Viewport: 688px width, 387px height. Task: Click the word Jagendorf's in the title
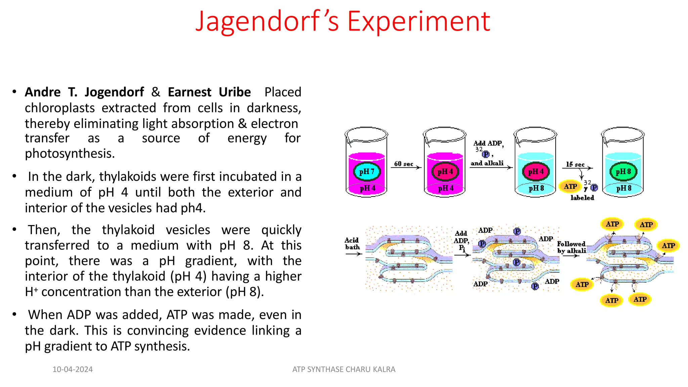click(267, 21)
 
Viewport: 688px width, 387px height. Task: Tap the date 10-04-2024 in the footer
click(73, 369)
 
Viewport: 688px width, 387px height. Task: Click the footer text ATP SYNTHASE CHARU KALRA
click(344, 369)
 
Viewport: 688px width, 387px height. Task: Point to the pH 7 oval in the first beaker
click(367, 172)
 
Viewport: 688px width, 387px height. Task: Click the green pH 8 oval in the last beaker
click(623, 172)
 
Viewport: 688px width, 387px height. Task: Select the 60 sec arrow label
click(403, 164)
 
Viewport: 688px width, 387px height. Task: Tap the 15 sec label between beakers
click(575, 164)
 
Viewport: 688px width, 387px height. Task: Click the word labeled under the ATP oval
click(582, 198)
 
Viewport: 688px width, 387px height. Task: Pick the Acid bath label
click(352, 244)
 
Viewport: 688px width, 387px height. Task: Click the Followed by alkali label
click(571, 247)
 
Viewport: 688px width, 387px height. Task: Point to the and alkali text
click(487, 163)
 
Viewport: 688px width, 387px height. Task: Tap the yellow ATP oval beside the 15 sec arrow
click(570, 186)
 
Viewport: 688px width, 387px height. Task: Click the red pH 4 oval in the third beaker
click(536, 172)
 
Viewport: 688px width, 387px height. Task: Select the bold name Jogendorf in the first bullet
click(114, 92)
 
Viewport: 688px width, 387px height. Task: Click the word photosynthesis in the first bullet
click(70, 154)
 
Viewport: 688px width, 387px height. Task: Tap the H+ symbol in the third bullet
click(31, 291)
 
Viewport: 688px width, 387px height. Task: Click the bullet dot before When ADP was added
click(14, 314)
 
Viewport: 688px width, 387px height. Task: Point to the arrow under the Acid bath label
click(353, 254)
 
